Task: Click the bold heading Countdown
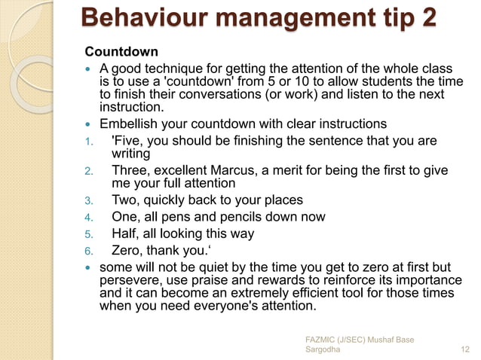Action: [121, 52]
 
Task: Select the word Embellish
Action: [129, 124]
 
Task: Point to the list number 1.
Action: [88, 142]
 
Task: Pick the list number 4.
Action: [88, 218]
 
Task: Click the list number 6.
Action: [88, 252]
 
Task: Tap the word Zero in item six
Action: [127, 251]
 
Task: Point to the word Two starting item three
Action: [125, 200]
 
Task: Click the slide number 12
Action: [464, 349]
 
